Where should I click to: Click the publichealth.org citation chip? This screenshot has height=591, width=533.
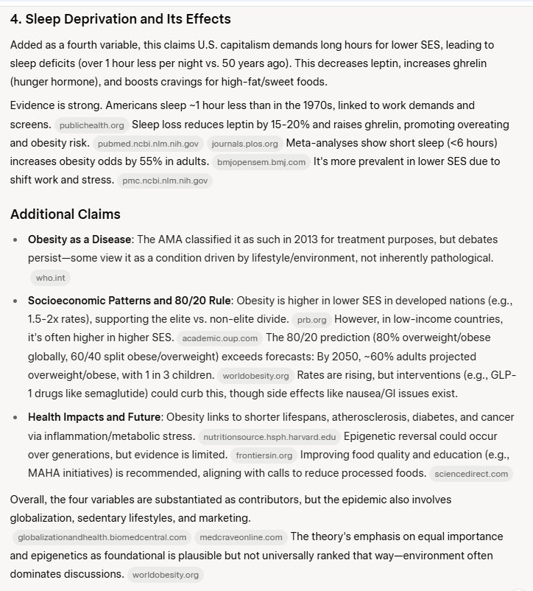[x=92, y=125]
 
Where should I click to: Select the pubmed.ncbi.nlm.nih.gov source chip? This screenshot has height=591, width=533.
[x=147, y=144]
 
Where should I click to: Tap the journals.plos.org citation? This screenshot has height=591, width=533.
[x=244, y=144]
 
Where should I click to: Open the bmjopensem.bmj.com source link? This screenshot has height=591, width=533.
[x=261, y=162]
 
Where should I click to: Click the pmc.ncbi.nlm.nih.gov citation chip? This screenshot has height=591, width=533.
[x=165, y=181]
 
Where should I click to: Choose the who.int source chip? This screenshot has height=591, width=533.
[x=50, y=278]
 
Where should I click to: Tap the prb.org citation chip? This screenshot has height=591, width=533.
[x=311, y=320]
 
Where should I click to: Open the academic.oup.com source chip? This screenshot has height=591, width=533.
[x=219, y=338]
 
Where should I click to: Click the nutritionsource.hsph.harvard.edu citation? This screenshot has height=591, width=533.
[x=270, y=436]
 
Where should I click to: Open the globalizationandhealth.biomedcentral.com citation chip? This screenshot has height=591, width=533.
[x=101, y=537]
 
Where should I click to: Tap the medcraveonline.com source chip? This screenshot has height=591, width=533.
[x=241, y=537]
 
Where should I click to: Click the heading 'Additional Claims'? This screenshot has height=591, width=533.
[x=66, y=214]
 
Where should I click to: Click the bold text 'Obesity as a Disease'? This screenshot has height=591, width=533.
[x=80, y=239]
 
